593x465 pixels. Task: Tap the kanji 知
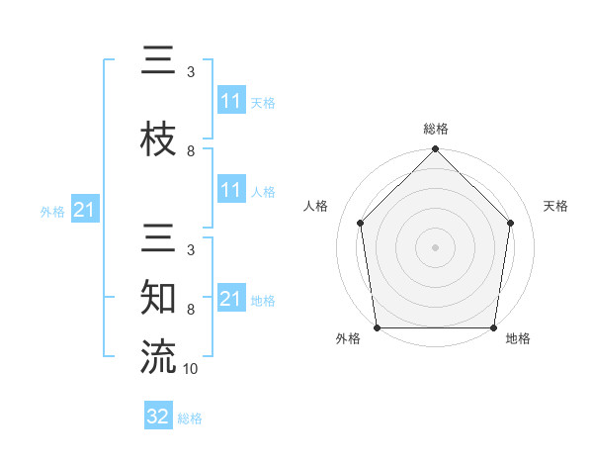point(158,297)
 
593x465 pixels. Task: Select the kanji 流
point(158,356)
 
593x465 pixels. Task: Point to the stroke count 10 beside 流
point(191,369)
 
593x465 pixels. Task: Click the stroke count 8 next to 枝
point(191,151)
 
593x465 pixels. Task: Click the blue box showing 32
point(158,417)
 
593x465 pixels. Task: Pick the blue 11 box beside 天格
point(231,101)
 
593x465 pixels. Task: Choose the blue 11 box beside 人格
point(231,191)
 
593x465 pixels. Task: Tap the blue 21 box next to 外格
point(84,210)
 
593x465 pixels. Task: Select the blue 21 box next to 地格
point(231,299)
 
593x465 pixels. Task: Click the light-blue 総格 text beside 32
point(190,418)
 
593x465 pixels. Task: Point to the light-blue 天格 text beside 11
point(263,102)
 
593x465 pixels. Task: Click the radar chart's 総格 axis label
point(436,129)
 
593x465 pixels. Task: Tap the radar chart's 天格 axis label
point(556,206)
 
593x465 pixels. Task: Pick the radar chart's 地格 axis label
point(518,338)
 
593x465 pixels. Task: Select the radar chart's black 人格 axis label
point(316,206)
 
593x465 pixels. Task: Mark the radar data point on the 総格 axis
point(436,150)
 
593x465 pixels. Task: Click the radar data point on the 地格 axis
point(494,327)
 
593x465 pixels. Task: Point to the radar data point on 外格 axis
point(378,327)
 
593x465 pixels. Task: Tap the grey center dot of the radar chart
point(436,246)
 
